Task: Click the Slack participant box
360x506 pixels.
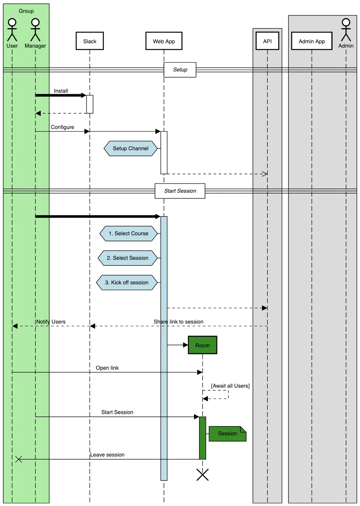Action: click(89, 41)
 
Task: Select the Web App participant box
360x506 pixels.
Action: click(164, 41)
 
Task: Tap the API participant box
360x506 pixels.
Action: click(267, 41)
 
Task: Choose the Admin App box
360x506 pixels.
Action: click(312, 41)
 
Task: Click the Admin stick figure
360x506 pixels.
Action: click(346, 30)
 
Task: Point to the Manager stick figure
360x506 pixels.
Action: click(35, 30)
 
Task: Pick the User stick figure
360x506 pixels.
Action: click(12, 30)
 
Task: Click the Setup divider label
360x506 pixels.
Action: click(180, 70)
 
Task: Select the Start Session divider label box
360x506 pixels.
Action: click(180, 191)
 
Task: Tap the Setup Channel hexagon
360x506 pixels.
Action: click(131, 148)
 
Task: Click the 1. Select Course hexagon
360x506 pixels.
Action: click(128, 233)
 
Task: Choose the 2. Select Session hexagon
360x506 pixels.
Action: click(128, 258)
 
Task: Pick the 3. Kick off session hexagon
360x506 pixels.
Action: click(126, 282)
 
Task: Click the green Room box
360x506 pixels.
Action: click(202, 345)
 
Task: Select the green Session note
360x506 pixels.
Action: click(227, 433)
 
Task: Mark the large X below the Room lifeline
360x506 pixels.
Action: click(202, 474)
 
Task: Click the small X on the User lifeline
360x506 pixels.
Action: click(19, 459)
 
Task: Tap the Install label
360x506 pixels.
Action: click(61, 91)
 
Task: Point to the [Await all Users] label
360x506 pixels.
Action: click(230, 386)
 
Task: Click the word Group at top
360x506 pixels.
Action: click(26, 11)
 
